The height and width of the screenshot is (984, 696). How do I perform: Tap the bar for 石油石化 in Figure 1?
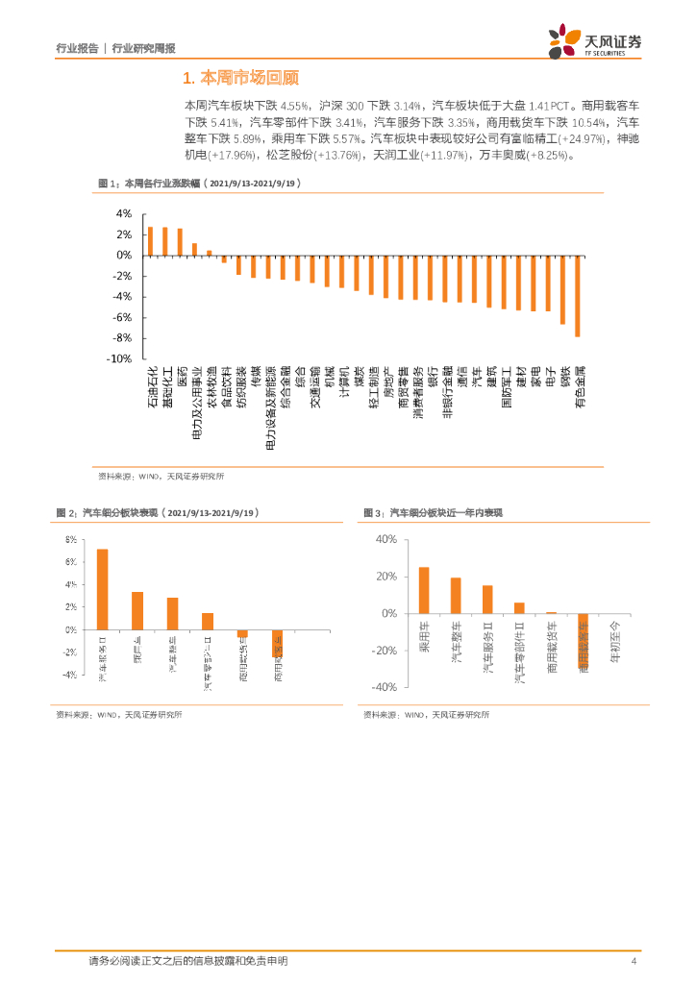tap(150, 241)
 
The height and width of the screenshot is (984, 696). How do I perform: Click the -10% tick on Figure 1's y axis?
tap(119, 358)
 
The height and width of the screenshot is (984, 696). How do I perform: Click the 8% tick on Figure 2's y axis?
tap(70, 539)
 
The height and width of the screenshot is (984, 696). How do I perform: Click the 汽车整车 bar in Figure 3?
tap(456, 595)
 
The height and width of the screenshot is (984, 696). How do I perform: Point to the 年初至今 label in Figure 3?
tap(616, 639)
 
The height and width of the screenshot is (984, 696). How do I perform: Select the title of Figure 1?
tap(192, 183)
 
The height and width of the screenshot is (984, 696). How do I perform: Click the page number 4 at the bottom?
tap(634, 961)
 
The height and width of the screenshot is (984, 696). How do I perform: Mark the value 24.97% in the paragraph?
tap(562, 138)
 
